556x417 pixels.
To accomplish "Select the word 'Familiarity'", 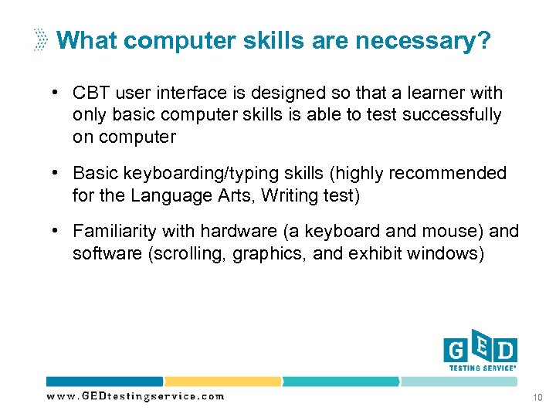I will click(x=116, y=232).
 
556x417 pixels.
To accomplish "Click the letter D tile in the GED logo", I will click(x=505, y=351).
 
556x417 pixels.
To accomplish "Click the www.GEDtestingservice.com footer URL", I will click(x=135, y=396).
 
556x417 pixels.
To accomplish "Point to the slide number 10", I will click(x=537, y=397).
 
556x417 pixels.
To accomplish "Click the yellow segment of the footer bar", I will click(x=222, y=381).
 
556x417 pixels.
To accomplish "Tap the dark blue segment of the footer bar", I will click(x=104, y=381).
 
